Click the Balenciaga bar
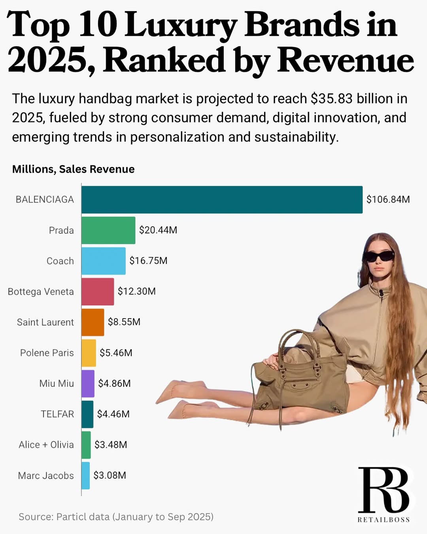222,200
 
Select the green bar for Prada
108,230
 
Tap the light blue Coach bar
104,261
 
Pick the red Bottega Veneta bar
98,292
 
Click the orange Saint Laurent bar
93,322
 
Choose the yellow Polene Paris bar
89,353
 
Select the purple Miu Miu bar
88,384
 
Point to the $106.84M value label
388,199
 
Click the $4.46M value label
113,414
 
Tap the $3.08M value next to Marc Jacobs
110,475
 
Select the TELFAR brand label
57,414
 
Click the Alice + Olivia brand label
46,445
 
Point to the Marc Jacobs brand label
46,476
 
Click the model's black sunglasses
378,256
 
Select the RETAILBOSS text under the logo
384,520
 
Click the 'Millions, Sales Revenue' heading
73,169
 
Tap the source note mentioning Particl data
116,517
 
